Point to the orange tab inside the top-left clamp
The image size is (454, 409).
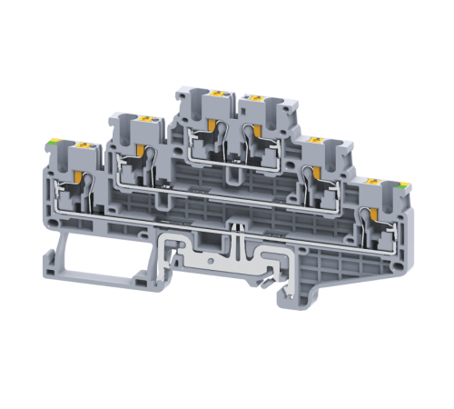tap(215, 127)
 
